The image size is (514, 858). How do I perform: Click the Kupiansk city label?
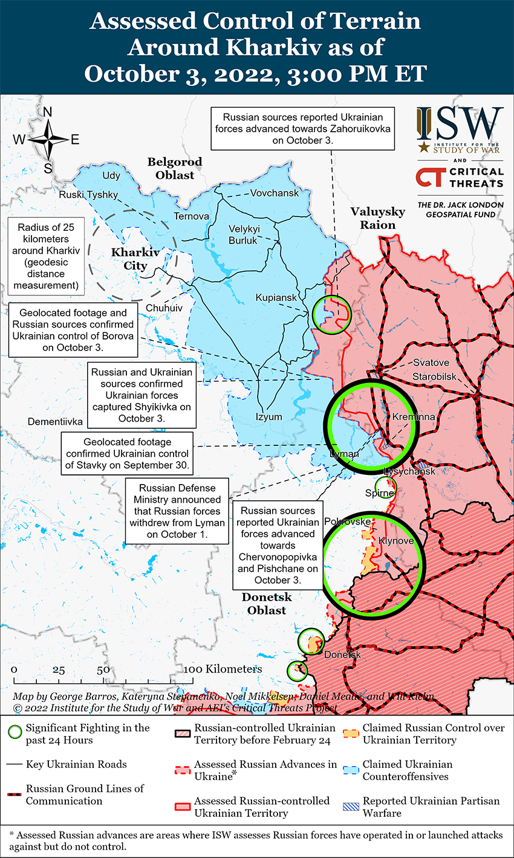tap(276, 298)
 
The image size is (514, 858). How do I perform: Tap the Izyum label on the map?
tap(268, 417)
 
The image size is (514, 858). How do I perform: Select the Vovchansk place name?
tap(275, 193)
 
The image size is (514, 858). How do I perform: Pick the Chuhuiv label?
tap(164, 308)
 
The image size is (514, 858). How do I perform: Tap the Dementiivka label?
tap(55, 422)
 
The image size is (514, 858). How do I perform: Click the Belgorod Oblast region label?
tap(175, 169)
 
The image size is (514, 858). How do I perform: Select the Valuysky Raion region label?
tap(378, 218)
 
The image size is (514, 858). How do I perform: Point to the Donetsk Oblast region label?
tap(267, 604)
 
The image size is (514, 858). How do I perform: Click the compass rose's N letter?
tap(48, 112)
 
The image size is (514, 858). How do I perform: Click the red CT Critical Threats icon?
tap(430, 177)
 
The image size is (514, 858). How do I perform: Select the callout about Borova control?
tap(73, 331)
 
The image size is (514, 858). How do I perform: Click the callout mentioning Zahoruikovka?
tap(302, 129)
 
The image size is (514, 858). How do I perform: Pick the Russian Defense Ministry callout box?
tap(177, 511)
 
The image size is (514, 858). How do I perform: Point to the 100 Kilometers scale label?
tap(223, 669)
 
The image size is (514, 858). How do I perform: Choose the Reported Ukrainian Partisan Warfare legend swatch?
tap(351, 807)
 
